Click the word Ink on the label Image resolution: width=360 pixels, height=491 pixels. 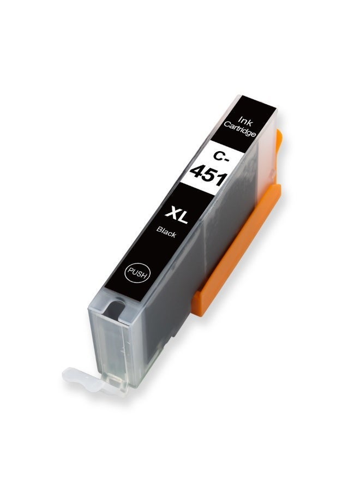245,122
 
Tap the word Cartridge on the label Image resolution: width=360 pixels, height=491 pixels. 240,130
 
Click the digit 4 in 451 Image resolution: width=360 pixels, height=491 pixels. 197,172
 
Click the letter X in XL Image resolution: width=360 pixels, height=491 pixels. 171,212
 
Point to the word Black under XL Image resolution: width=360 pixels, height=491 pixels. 166,232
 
